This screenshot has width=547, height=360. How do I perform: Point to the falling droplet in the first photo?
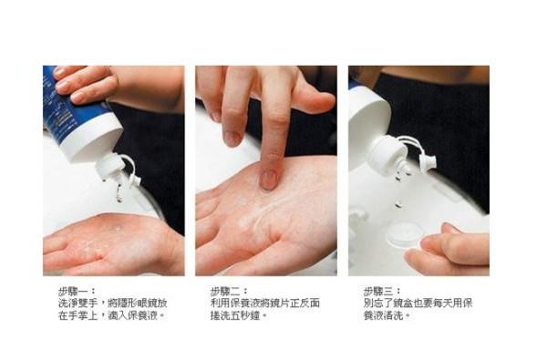coord(119,195)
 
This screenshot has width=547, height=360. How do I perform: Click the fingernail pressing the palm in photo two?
coord(269,180)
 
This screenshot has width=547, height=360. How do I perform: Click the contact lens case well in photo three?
coord(405,233)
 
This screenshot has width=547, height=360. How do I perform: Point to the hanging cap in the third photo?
coord(428,163)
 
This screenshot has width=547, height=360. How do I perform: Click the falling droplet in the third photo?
coord(398,204)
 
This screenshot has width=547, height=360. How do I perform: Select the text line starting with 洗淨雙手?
coord(113,303)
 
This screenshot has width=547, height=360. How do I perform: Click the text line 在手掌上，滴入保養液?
coord(111,315)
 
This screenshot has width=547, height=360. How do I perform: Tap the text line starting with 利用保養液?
coord(265,303)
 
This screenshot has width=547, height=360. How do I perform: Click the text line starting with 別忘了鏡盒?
coord(418,303)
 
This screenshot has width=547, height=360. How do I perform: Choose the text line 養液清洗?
coord(387,315)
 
